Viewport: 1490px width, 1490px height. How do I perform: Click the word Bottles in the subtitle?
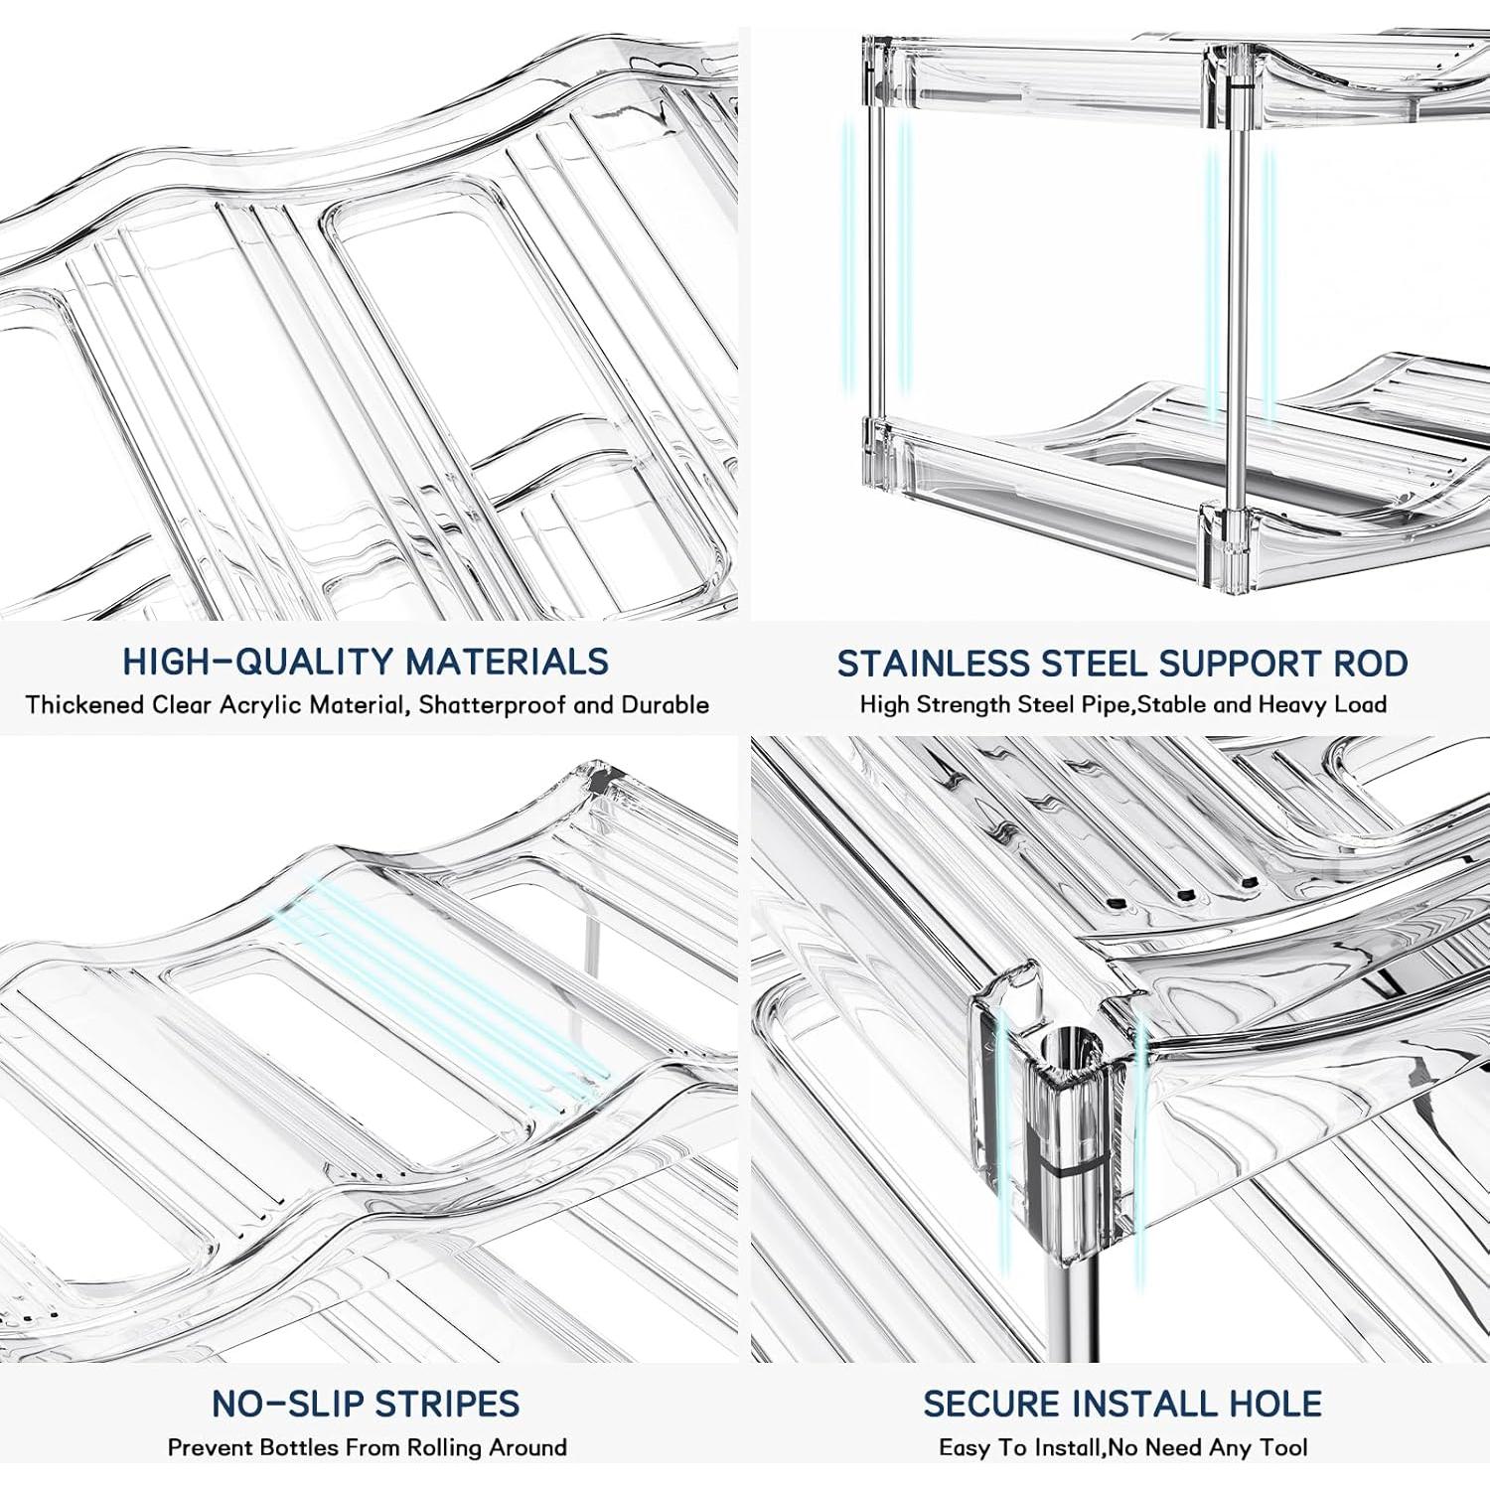pyautogui.click(x=297, y=1447)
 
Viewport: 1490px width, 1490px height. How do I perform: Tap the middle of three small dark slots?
pyautogui.click(x=1184, y=894)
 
